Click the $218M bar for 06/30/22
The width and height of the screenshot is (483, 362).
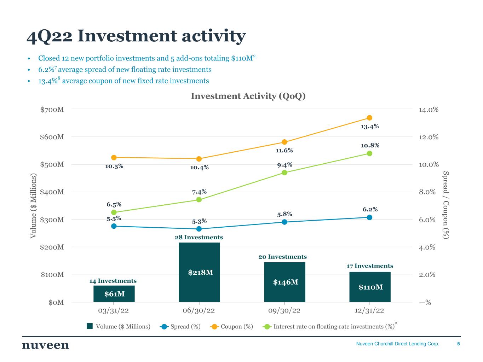199,272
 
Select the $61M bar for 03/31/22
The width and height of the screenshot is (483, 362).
114,294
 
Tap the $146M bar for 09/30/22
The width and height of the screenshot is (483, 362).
284,282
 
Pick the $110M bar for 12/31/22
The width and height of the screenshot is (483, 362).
370,287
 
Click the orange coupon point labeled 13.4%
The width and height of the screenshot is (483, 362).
369,118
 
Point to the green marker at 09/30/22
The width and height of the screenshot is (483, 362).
284,173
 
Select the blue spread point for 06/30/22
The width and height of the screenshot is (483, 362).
199,229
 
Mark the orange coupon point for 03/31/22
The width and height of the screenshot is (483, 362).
114,157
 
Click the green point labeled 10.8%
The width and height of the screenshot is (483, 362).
369,153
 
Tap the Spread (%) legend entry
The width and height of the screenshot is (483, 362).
180,326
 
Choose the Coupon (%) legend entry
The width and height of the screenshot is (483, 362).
231,326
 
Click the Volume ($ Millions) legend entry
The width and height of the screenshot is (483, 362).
119,326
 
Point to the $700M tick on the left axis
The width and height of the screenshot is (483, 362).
52,110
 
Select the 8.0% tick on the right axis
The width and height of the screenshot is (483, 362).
427,192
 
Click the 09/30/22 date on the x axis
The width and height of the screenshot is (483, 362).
284,310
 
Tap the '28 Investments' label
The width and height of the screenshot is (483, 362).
199,237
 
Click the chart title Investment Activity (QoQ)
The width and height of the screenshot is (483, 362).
248,96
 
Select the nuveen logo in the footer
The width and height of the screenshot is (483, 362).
46,345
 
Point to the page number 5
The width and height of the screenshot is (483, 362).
458,344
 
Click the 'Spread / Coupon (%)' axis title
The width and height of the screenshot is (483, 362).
445,205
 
